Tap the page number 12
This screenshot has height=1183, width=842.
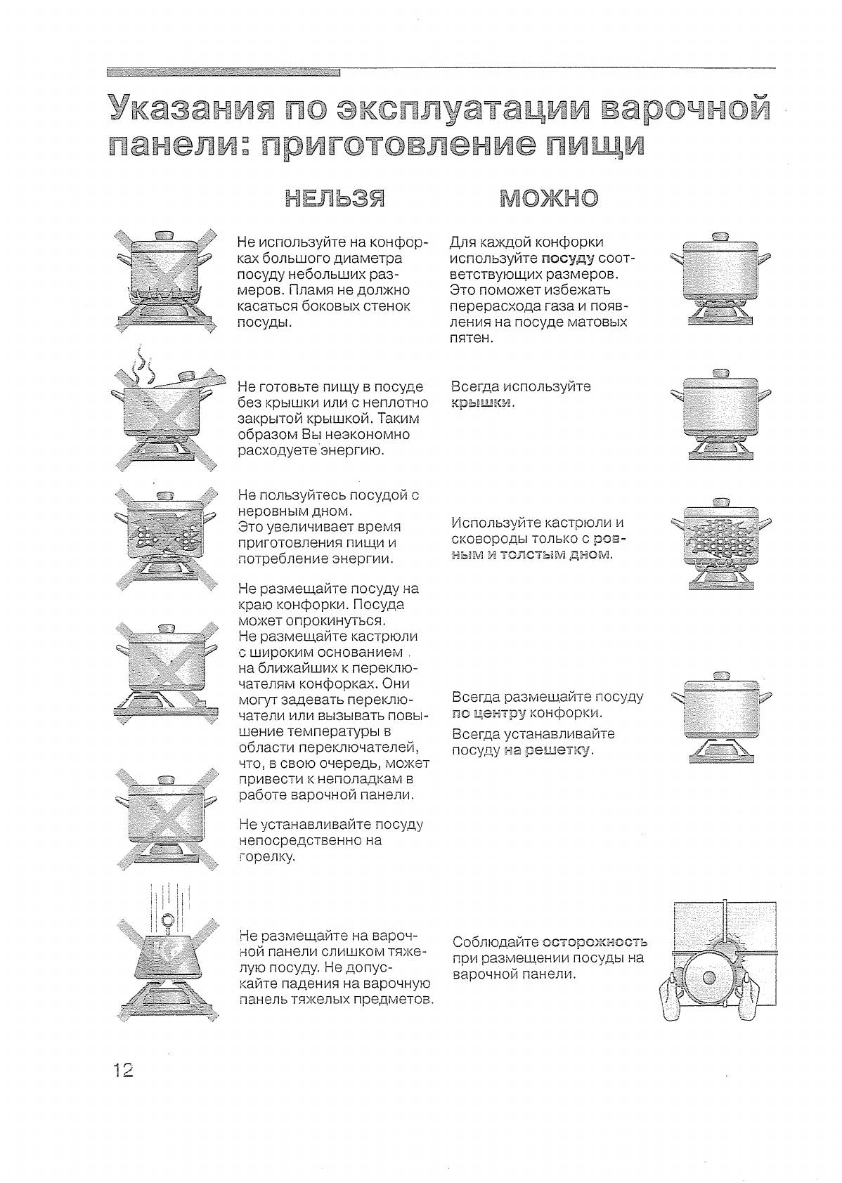122,1071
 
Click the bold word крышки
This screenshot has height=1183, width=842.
482,403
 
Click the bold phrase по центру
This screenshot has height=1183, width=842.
488,714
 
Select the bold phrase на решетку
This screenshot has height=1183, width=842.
548,750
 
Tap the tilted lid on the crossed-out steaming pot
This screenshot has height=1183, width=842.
184,380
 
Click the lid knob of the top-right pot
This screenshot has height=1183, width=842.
721,237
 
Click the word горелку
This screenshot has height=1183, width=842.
267,857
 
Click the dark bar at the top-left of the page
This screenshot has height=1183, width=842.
224,72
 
